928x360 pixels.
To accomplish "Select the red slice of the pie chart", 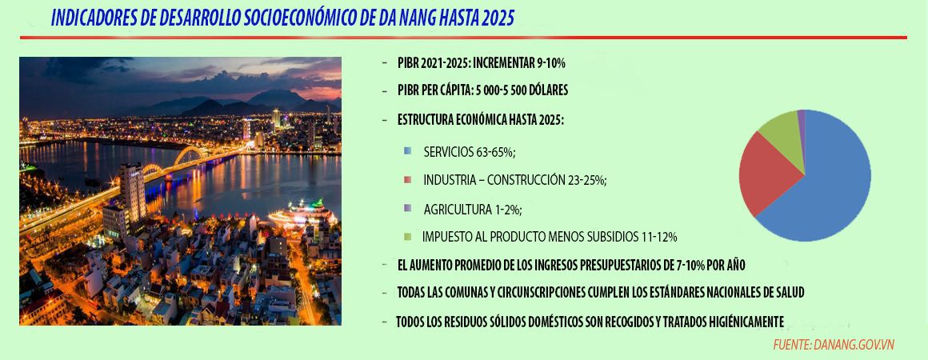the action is (766, 174).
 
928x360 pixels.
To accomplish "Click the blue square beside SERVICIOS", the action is (407, 151).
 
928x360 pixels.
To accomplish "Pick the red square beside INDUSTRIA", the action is (407, 179).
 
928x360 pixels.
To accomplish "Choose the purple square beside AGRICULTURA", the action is (407, 208).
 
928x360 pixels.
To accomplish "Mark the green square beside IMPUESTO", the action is (407, 237).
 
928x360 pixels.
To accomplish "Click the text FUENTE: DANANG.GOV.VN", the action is (834, 345).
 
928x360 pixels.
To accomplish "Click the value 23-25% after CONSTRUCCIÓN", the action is (586, 181).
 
